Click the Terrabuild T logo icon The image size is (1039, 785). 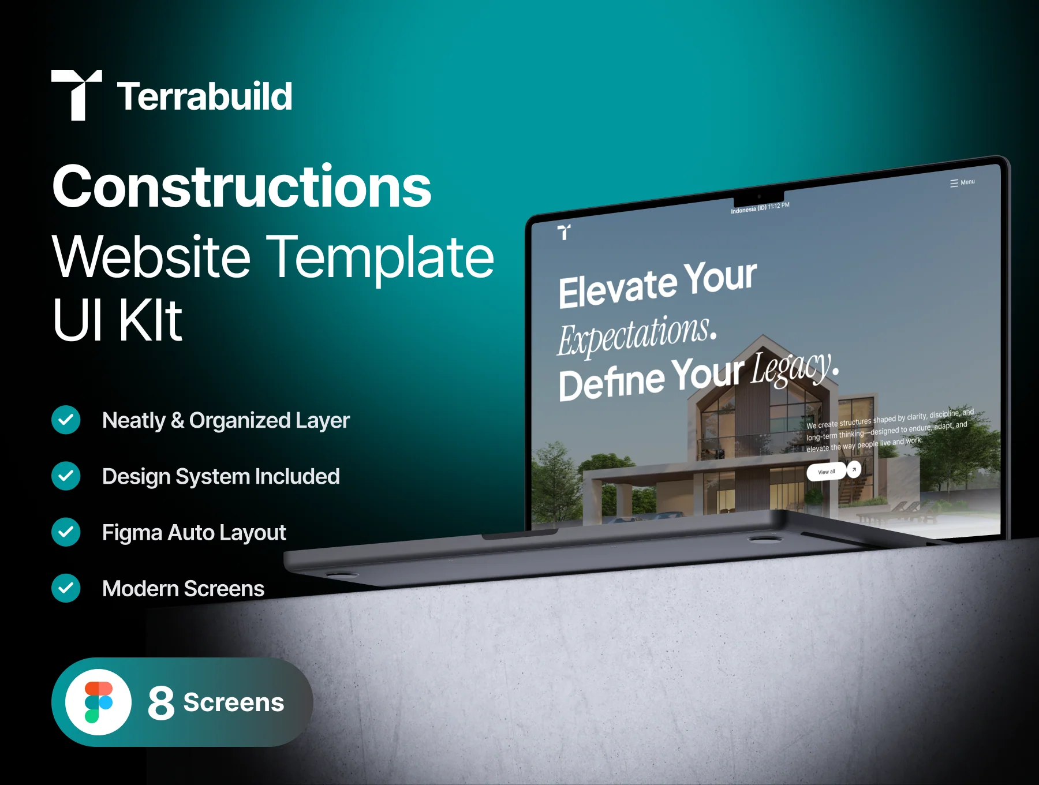pos(77,95)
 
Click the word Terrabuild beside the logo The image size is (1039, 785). pos(205,96)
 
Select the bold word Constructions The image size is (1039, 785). pos(242,186)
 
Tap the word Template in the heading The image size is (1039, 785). pos(383,257)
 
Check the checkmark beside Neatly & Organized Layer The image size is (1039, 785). pos(66,420)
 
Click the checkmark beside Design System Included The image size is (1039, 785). pos(66,476)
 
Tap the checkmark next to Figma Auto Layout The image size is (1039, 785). pos(66,532)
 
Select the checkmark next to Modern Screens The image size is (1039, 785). pos(66,588)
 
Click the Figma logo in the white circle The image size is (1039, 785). pos(99,702)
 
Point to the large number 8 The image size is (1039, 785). pos(161,702)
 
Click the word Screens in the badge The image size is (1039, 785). pos(234,702)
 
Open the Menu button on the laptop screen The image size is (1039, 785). pos(962,182)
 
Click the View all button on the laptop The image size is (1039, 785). pos(827,472)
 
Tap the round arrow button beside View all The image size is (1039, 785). pos(854,469)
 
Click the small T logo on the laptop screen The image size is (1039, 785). pos(565,232)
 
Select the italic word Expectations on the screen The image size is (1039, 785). pos(637,335)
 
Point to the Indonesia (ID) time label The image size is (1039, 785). pos(760,208)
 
